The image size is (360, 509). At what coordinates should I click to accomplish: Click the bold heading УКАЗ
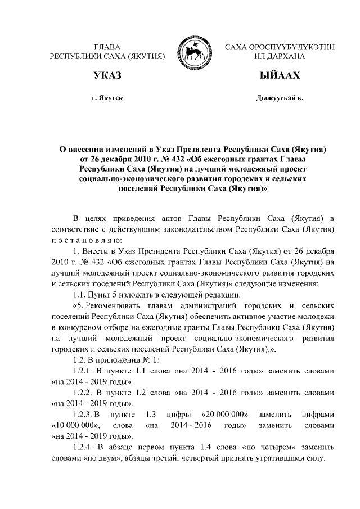pyautogui.click(x=107, y=76)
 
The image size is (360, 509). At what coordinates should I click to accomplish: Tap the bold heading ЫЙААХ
pyautogui.click(x=279, y=76)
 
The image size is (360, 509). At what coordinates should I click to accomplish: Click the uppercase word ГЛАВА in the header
pyautogui.click(x=107, y=46)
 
